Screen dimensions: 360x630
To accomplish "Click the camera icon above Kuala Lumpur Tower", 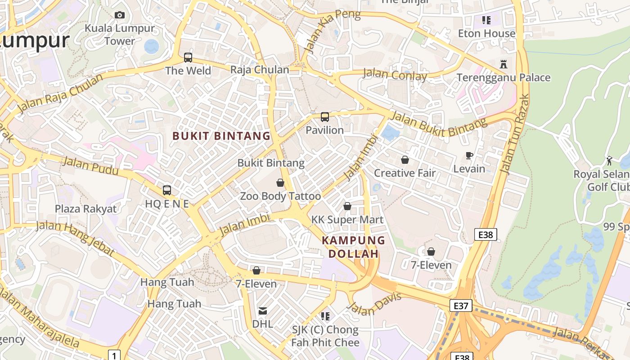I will click(119, 15).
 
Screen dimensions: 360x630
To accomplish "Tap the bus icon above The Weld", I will click(188, 58).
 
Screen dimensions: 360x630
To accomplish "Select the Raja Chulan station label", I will click(260, 70).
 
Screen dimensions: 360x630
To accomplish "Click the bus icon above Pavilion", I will click(324, 117).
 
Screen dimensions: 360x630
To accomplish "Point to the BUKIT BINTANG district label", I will click(221, 135).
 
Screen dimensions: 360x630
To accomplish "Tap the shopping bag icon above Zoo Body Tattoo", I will click(280, 183).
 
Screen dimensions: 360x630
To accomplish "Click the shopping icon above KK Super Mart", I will click(347, 206).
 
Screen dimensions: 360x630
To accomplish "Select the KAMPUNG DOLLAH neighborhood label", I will click(354, 247).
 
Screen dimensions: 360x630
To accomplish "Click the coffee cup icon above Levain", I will click(469, 156).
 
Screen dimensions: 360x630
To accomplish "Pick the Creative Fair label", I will click(405, 173).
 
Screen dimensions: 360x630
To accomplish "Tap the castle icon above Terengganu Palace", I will click(504, 64).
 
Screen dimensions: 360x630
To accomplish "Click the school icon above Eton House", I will click(486, 20).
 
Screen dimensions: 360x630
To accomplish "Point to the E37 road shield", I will click(461, 306).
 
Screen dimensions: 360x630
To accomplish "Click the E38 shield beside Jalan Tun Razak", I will click(486, 234).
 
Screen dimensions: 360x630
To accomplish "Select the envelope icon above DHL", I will click(262, 310).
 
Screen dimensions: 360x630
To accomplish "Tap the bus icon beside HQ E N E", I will click(167, 190).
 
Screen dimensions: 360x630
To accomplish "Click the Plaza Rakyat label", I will click(85, 209).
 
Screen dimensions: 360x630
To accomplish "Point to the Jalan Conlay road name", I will click(395, 75).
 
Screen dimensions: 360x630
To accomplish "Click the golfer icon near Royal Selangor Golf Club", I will click(609, 161).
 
